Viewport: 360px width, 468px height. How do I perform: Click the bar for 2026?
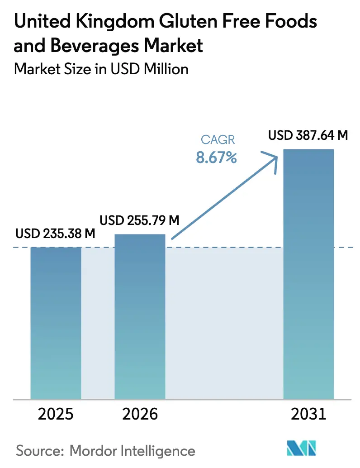pos(140,317)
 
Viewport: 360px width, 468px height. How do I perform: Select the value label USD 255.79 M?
pos(140,220)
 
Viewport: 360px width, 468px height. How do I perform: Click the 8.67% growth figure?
pos(216,158)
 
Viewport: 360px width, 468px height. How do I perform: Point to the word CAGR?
pos(216,139)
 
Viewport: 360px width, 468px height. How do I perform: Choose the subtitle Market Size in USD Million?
pos(101,69)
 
